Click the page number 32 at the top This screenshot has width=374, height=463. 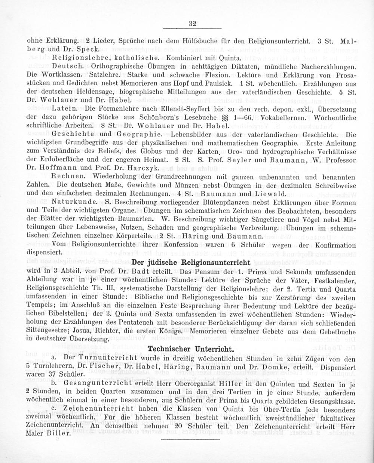pyautogui.click(x=193, y=23)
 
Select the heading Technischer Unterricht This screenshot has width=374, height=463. pyautogui.click(x=191, y=349)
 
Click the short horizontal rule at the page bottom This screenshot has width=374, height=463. pyautogui.click(x=192, y=445)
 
